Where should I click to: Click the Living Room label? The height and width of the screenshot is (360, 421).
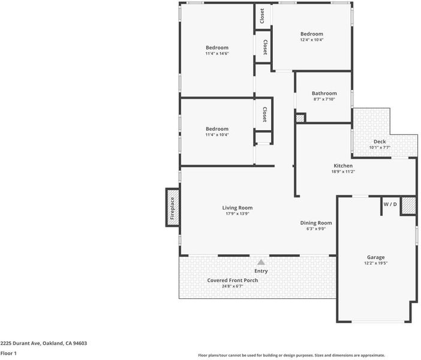tap(237, 208)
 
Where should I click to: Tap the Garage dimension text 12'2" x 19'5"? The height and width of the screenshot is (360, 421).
tap(375, 263)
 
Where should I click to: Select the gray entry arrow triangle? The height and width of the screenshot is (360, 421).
tap(261, 262)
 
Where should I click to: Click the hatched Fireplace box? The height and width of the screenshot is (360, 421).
tap(172, 208)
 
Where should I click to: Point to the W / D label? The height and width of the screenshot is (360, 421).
tap(390, 204)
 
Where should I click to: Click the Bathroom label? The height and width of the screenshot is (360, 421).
tap(324, 93)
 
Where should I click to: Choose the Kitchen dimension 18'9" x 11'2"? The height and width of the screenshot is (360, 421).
tap(343, 172)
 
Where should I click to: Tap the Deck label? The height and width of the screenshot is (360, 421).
tap(380, 142)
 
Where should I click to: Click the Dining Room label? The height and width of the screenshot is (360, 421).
tap(316, 223)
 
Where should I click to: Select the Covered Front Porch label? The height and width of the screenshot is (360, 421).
tap(233, 280)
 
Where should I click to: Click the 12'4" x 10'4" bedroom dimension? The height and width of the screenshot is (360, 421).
tap(312, 40)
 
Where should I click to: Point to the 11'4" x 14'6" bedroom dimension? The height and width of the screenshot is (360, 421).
tap(217, 53)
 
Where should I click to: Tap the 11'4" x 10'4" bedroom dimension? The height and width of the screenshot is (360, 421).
tap(217, 135)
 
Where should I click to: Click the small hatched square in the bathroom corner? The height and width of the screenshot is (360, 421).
tap(300, 118)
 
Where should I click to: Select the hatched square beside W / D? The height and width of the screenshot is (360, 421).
tap(408, 206)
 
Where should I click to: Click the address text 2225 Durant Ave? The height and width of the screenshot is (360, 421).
tap(20, 343)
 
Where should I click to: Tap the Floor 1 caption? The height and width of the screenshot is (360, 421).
tap(8, 353)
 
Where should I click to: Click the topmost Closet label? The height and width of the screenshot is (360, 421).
tap(262, 16)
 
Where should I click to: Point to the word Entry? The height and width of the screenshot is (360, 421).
tap(261, 271)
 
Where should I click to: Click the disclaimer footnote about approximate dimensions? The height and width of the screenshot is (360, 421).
tap(291, 355)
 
